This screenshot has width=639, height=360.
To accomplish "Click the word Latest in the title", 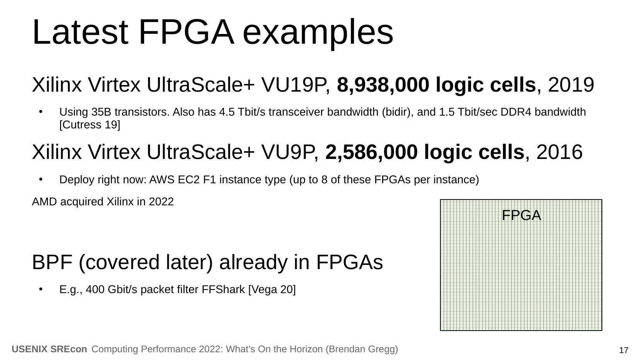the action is tap(80, 32).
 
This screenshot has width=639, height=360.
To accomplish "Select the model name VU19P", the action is tap(295, 85).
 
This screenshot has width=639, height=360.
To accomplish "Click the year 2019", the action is tap(571, 85).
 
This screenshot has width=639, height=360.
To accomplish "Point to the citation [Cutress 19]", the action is tap(90, 125).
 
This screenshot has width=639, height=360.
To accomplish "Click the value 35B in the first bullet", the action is tap(101, 112).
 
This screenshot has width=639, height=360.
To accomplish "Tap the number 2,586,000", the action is tap(371, 153).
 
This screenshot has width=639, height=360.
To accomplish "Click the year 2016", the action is tap(559, 152).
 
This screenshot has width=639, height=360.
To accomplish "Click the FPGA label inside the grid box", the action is tap(521, 215).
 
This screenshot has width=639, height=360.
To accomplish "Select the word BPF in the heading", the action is tap(52, 262).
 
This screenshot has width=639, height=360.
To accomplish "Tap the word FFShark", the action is tap(223, 290).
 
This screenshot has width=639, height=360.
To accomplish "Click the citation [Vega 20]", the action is tap(272, 290).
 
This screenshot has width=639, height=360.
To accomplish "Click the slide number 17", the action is tap(624, 350).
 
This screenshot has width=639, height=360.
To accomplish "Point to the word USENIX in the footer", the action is tap(29, 349).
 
